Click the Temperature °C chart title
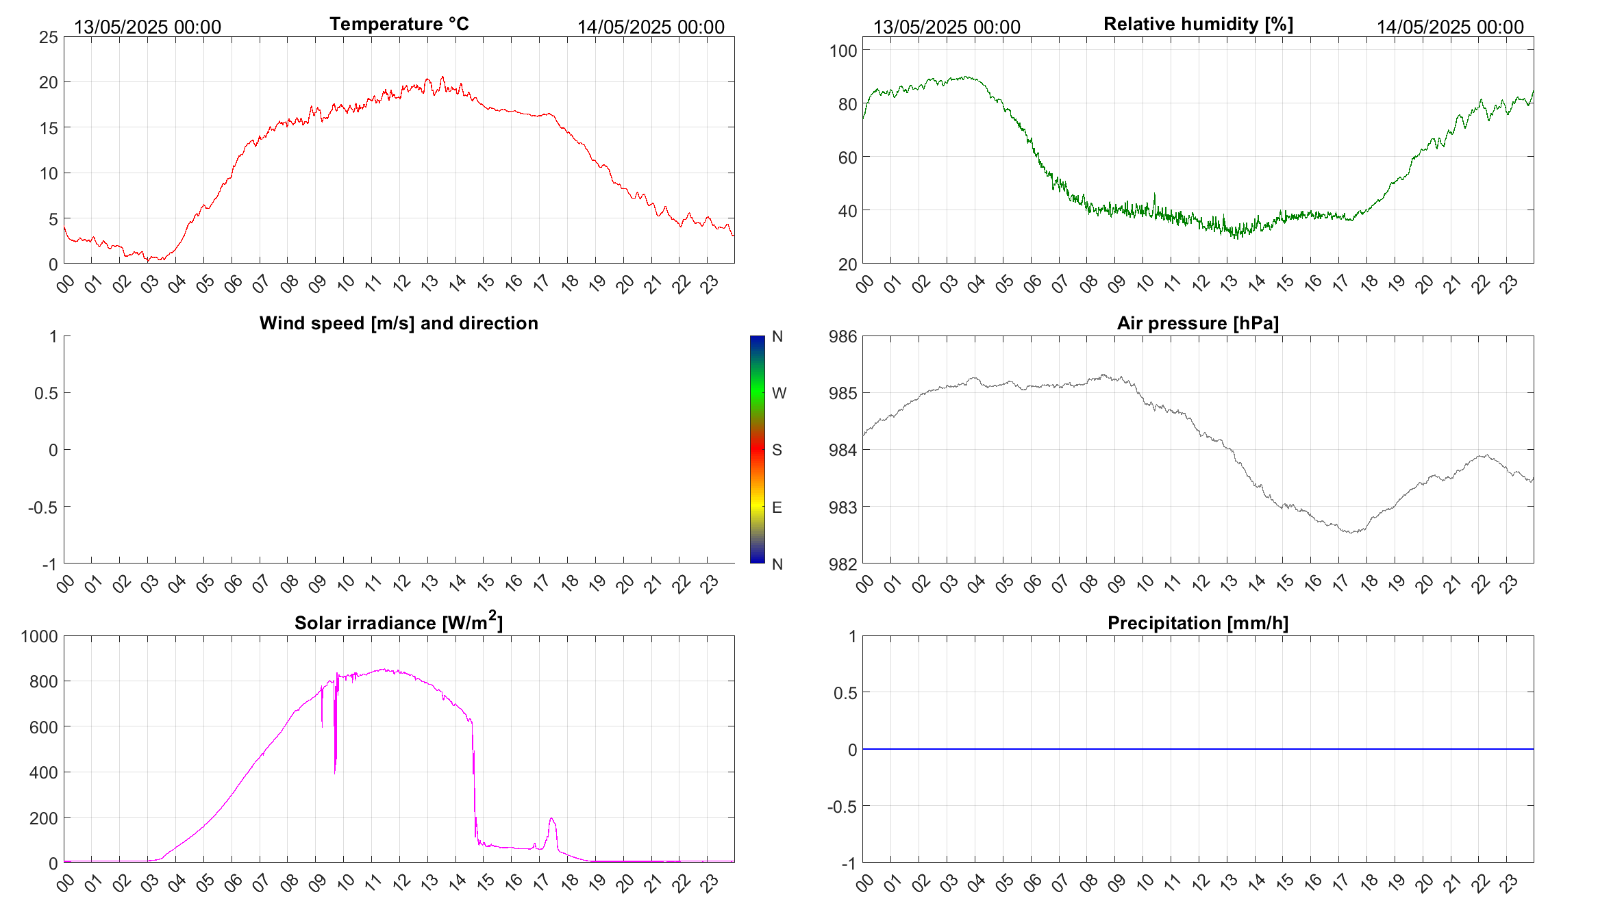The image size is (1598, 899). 399,24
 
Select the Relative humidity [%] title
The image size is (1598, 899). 1198,24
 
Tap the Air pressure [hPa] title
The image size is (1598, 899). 1197,323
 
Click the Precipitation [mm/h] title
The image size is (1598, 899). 1197,623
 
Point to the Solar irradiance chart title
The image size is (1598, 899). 399,622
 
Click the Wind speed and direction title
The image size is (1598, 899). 399,323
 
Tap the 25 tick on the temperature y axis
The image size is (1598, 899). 49,38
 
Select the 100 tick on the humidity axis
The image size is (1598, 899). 843,51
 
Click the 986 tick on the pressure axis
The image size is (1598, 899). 843,336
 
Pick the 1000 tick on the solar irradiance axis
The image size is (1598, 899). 40,636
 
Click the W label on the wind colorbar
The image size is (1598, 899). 779,393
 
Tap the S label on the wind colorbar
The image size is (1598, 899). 777,450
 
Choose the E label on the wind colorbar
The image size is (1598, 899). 777,507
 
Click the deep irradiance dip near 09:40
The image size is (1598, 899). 335,770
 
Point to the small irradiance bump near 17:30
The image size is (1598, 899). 552,819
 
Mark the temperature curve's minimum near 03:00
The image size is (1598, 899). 148,260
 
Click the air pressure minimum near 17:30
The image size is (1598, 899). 1352,532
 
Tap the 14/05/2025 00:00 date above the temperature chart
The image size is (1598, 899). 651,27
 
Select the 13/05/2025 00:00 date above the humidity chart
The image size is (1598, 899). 947,27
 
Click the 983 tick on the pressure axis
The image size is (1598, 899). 843,507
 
